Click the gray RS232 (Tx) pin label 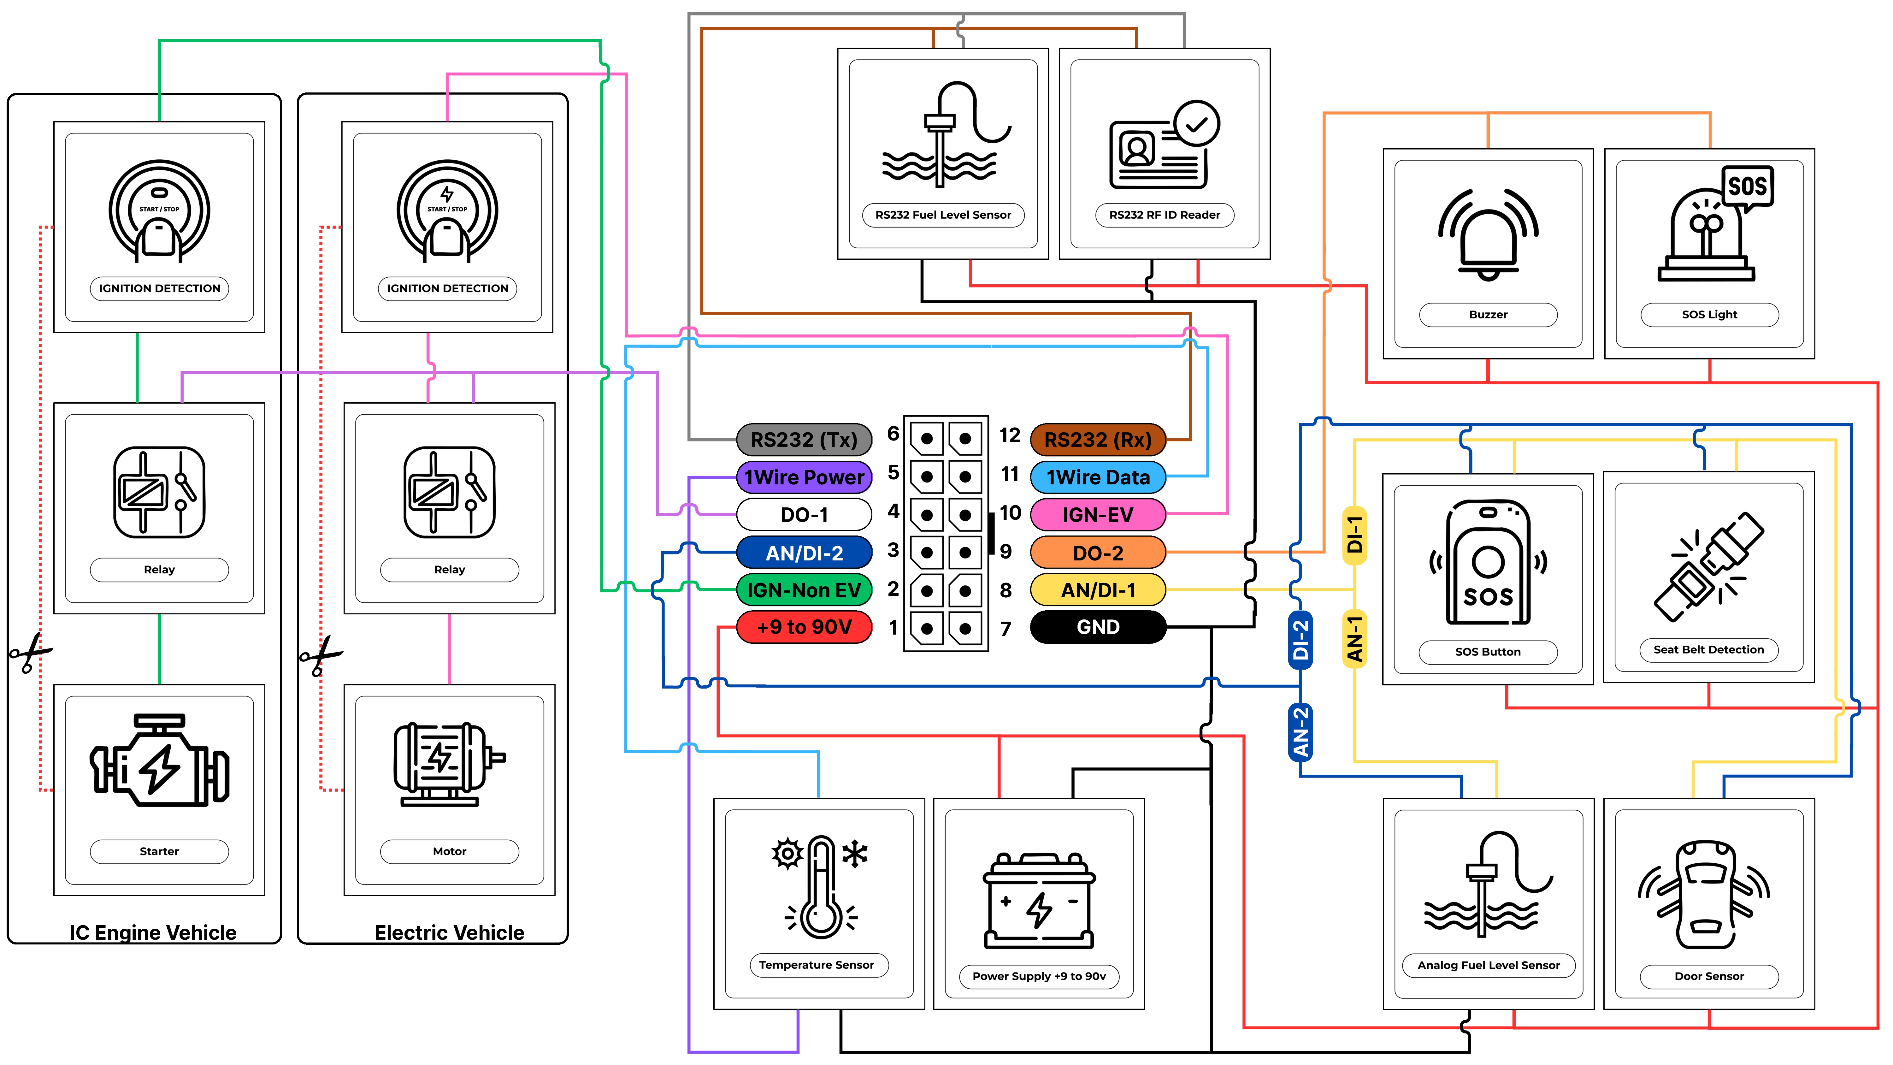click(x=804, y=440)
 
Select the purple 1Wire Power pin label click(x=804, y=477)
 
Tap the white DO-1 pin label click(x=804, y=514)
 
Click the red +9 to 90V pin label click(x=804, y=627)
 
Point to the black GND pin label click(x=1098, y=627)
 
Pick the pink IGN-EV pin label click(x=1098, y=514)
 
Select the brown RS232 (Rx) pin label click(x=1098, y=440)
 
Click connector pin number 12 click(x=1010, y=435)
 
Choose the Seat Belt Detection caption click(x=1708, y=650)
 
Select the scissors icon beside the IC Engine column click(x=29, y=652)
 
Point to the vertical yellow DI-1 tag click(x=1354, y=535)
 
